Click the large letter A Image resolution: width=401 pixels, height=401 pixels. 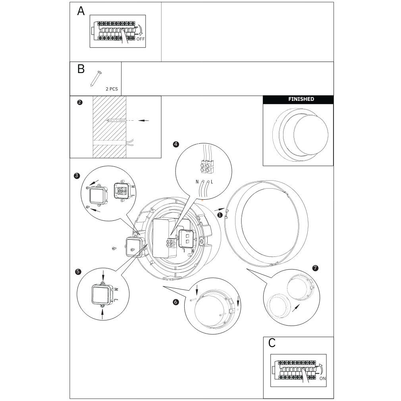click(x=81, y=12)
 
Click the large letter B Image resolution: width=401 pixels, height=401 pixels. click(x=81, y=69)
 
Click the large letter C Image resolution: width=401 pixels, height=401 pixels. click(x=272, y=343)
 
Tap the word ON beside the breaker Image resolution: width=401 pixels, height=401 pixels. click(x=322, y=378)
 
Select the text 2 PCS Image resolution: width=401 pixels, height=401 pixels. click(x=112, y=89)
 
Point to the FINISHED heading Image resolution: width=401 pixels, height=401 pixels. click(x=301, y=99)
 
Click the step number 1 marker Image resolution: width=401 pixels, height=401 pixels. click(x=220, y=214)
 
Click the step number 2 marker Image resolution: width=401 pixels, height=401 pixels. click(x=80, y=102)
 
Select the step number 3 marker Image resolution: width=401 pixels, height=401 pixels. click(x=77, y=175)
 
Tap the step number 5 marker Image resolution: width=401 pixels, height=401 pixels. click(x=78, y=272)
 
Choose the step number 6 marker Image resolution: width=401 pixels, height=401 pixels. click(x=176, y=302)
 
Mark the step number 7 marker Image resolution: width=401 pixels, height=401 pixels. click(x=315, y=268)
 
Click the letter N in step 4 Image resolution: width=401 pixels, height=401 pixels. click(x=197, y=181)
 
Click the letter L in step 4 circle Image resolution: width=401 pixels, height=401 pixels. click(x=212, y=181)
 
